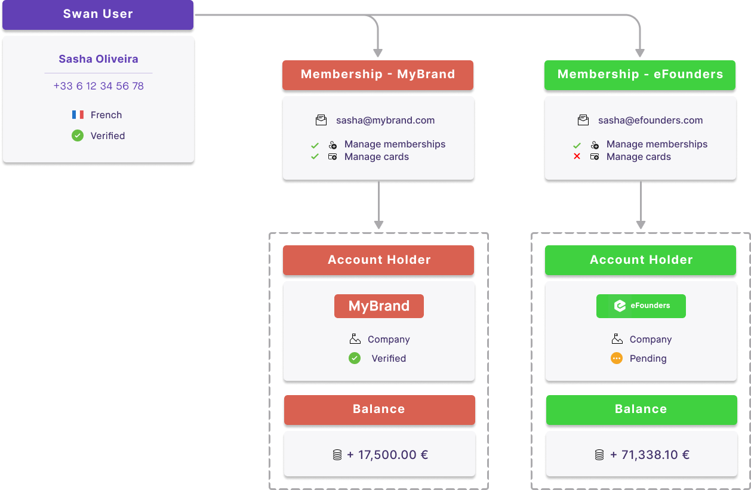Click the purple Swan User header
98,14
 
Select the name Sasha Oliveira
99,59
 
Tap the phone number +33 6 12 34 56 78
99,86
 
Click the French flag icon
78,115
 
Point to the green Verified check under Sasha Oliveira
78,135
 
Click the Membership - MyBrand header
378,75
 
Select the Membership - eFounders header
640,75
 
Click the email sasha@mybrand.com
385,120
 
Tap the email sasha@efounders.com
650,120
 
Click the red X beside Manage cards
577,156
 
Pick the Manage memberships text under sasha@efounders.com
657,144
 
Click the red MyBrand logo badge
379,306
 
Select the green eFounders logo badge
641,306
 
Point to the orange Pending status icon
617,358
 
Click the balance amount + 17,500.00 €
387,455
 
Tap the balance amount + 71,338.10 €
650,455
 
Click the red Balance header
379,409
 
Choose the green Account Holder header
641,260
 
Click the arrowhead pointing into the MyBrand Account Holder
378,225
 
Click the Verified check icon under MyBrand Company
355,358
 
